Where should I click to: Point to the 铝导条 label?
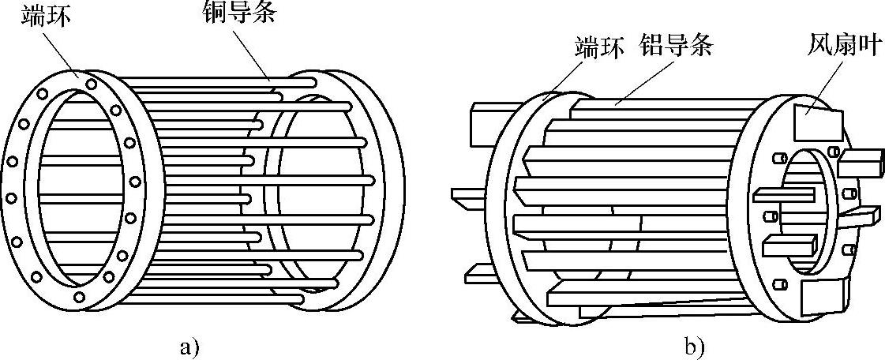(678, 47)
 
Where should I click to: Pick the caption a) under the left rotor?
(189, 344)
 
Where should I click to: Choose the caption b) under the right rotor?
(695, 344)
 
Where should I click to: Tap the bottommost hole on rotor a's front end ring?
(80, 298)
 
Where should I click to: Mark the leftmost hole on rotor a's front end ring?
(11, 162)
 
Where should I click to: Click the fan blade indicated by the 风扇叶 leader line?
(817, 123)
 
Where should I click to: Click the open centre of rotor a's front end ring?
(79, 186)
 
